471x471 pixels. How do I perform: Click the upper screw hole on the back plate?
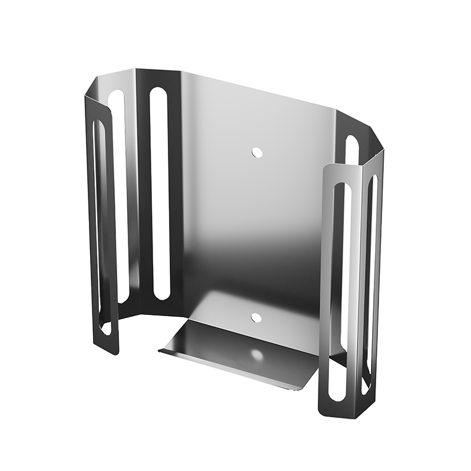256,152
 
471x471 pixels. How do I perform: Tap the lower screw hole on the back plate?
256,317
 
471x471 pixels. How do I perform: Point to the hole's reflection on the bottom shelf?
257,355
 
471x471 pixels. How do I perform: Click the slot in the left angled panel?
118,194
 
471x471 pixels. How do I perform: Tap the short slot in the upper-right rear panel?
351,150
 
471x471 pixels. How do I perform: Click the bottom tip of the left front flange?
112,352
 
